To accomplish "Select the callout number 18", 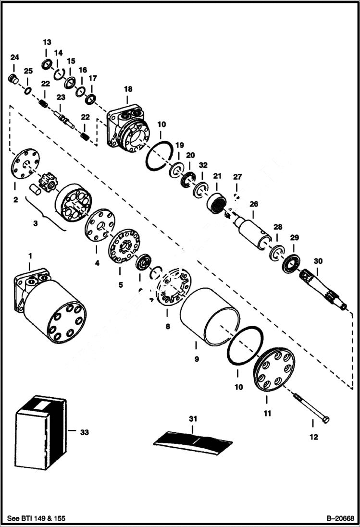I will tap(128, 89).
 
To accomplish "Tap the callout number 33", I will tap(84, 432).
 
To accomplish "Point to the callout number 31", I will tap(193, 419).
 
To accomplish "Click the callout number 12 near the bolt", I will tap(313, 437).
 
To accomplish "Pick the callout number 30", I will tap(318, 261).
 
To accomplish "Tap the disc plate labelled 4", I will tap(100, 225).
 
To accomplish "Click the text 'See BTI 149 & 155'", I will tap(37, 518).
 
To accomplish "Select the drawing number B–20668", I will tap(340, 518).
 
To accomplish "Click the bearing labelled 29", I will tap(291, 263).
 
